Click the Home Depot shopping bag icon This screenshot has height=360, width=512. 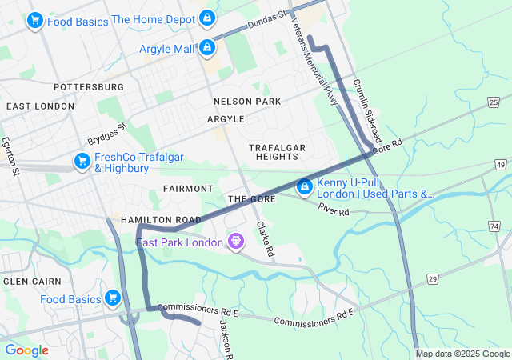tap(206, 17)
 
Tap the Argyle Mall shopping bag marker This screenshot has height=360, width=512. tap(207, 48)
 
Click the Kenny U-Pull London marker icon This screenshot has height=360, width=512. tap(304, 187)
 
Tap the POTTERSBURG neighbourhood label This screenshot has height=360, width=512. tap(88, 86)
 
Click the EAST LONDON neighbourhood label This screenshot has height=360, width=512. tap(40, 106)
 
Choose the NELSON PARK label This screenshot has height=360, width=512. tap(247, 102)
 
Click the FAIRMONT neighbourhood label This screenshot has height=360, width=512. tap(188, 189)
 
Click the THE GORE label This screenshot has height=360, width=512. tap(251, 199)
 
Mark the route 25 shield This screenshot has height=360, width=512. tap(494, 102)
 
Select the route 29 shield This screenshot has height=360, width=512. tap(433, 278)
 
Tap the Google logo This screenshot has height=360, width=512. tap(26, 350)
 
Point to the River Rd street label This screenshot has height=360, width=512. tap(334, 210)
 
